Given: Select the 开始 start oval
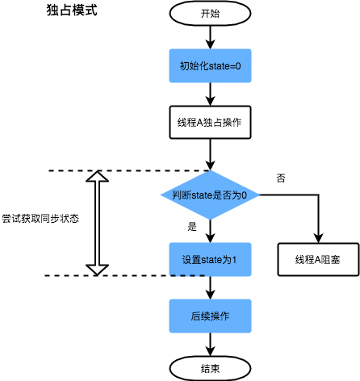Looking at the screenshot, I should (x=210, y=14).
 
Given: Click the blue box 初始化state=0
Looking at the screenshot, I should (x=210, y=65).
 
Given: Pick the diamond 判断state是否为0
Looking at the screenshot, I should (x=210, y=195).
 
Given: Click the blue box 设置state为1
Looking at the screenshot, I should (x=210, y=260).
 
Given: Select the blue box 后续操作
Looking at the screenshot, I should (x=210, y=316).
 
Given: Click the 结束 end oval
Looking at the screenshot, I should (x=210, y=368).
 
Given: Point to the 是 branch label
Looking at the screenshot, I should (x=192, y=227).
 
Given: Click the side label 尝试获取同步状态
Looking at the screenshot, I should (x=40, y=219).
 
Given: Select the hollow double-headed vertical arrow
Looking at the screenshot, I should (x=97, y=223).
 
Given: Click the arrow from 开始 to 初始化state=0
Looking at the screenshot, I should (x=210, y=36).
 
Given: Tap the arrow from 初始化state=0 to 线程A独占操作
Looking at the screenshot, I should (x=210, y=94).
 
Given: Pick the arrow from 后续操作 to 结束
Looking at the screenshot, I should (x=210, y=344).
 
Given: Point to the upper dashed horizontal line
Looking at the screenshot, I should (x=129, y=171).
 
